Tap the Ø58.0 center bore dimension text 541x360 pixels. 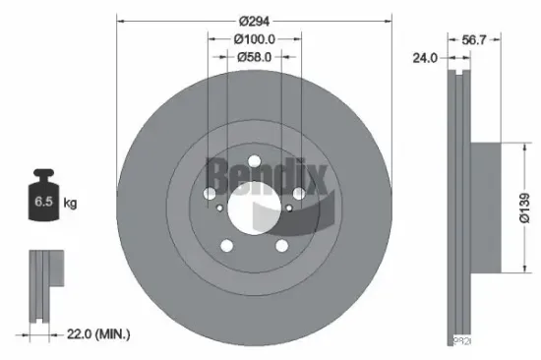click(254, 57)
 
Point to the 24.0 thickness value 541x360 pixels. click(425, 58)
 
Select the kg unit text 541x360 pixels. click(70, 203)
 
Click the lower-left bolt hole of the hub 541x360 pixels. click(227, 246)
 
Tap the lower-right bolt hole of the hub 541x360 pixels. click(280, 246)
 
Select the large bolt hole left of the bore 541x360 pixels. click(210, 193)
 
